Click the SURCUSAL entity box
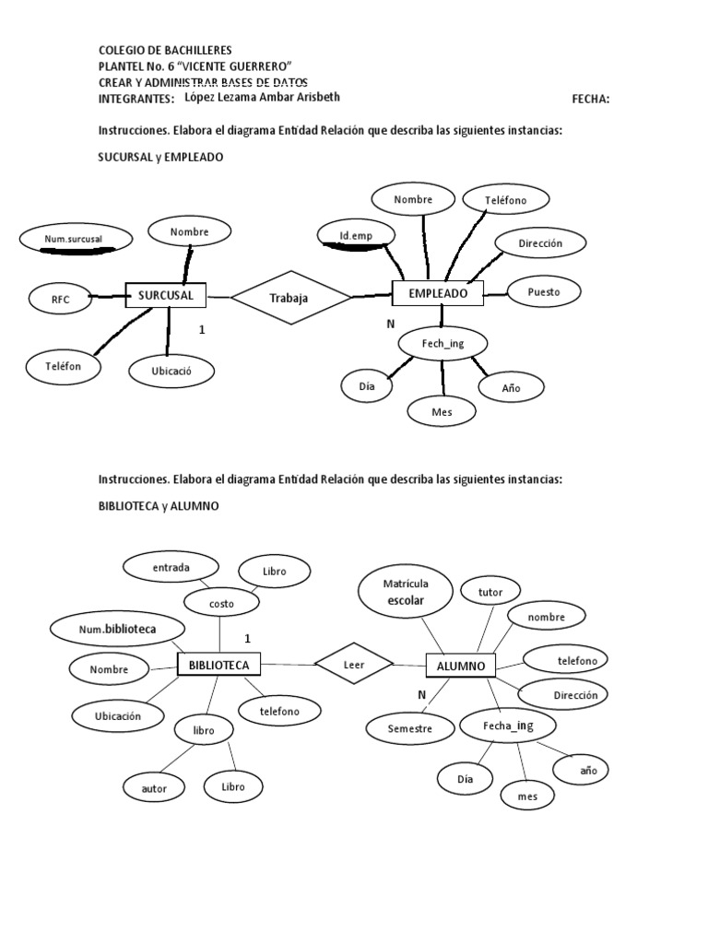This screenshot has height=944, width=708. (165, 295)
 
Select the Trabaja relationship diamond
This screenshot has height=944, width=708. (290, 297)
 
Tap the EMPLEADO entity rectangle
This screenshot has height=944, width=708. (438, 293)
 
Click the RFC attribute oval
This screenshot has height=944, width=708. (61, 298)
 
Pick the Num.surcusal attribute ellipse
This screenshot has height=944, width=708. (74, 240)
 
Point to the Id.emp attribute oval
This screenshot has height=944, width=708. (355, 236)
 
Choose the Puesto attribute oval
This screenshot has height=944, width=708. (543, 291)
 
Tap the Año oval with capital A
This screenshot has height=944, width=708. (511, 387)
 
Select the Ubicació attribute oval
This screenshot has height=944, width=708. (171, 371)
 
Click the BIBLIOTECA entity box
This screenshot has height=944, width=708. (218, 664)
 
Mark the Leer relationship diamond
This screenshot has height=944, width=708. (354, 664)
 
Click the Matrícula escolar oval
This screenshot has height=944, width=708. (406, 592)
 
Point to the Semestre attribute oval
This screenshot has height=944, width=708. (409, 728)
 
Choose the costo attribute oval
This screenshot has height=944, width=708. (221, 603)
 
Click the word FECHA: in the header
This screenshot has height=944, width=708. (591, 99)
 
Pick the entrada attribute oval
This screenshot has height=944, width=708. (171, 568)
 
